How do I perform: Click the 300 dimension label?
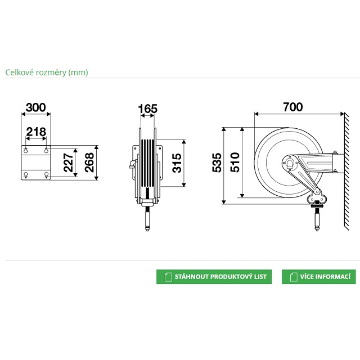coord(36,107)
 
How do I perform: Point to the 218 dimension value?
coord(36,132)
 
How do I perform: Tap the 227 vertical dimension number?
coord(69,163)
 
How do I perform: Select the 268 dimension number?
coord(89,163)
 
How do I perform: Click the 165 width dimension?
coord(147,109)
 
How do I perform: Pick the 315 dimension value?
coord(177,163)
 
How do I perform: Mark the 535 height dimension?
coord(217,163)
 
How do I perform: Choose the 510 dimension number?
coord(235,162)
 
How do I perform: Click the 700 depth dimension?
coord(292,107)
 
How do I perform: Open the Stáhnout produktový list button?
coord(214,277)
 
